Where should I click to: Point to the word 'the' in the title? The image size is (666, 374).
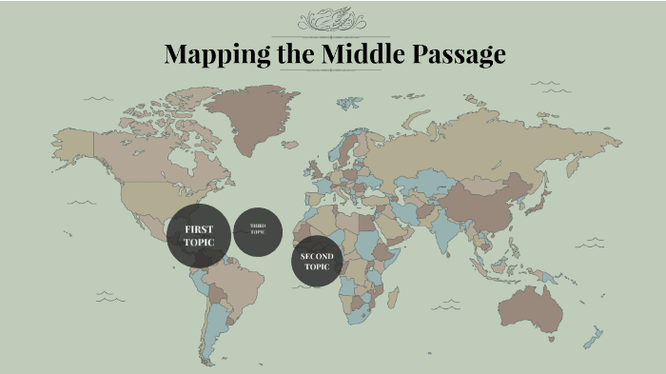tap(293, 54)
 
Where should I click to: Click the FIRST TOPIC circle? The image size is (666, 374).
tap(199, 236)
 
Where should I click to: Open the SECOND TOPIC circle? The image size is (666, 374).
tap(317, 262)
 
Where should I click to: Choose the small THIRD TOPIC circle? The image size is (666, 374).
tap(258, 230)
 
